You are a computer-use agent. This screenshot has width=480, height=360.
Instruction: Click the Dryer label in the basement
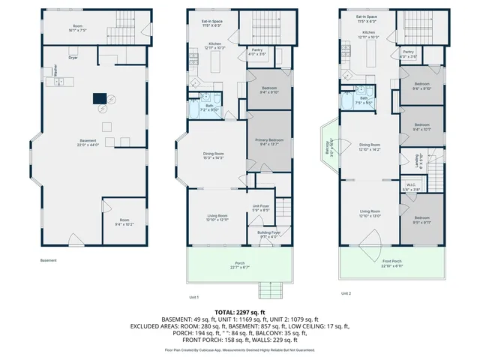[x=73, y=58]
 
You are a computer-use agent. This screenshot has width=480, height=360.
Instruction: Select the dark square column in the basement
[x=99, y=97]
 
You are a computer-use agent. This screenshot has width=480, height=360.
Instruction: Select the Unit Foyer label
[x=260, y=208]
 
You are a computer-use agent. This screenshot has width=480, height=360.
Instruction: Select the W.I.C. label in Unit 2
[x=411, y=187]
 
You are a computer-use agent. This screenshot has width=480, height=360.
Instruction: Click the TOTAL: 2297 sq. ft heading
[x=240, y=311]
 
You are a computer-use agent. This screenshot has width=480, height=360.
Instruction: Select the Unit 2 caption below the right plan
[x=346, y=293]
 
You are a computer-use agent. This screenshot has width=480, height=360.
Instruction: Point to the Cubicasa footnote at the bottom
[x=240, y=349]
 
